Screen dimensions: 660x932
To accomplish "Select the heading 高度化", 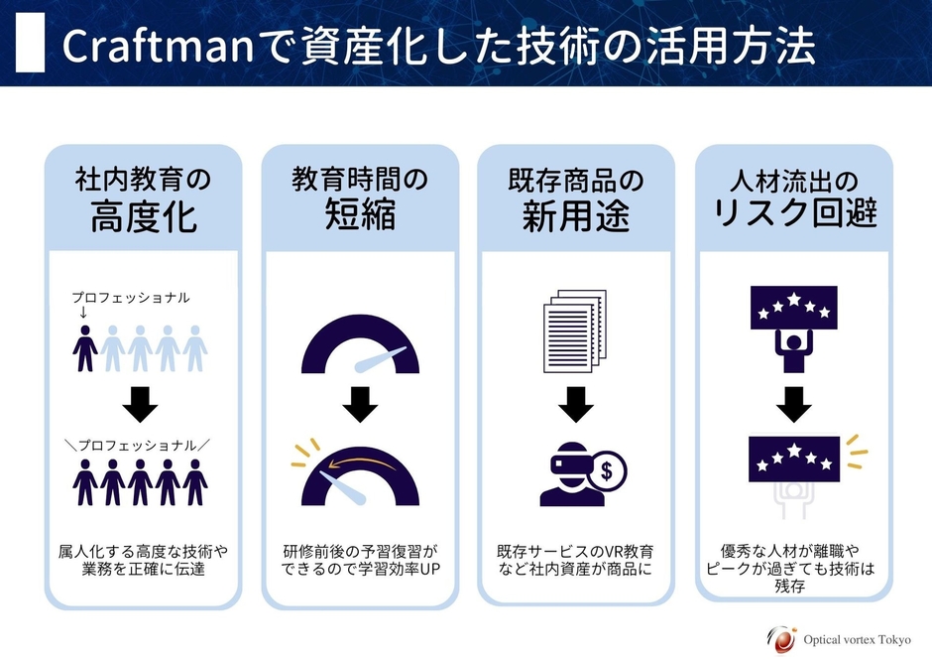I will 144,217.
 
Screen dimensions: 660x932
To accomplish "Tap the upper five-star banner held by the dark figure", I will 792,306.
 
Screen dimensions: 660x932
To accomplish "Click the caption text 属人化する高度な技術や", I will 144,552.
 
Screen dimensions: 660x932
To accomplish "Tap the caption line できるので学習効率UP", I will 360,570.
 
